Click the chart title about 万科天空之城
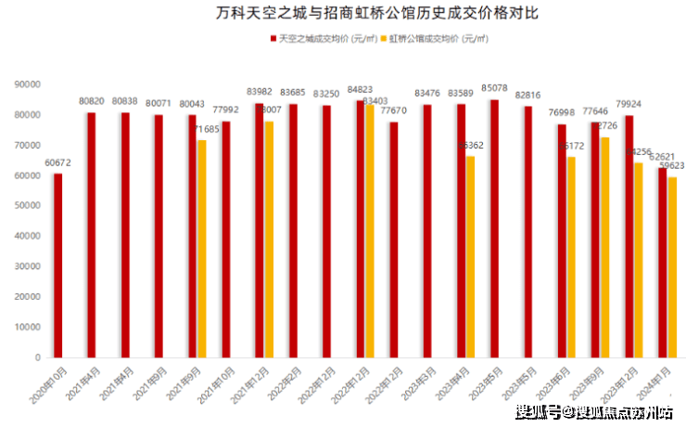point(343,14)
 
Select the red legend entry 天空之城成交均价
point(325,39)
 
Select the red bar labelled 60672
point(58,265)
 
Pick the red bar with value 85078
point(494,227)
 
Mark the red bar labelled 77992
point(226,239)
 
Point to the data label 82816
point(527,96)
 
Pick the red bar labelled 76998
point(562,240)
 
